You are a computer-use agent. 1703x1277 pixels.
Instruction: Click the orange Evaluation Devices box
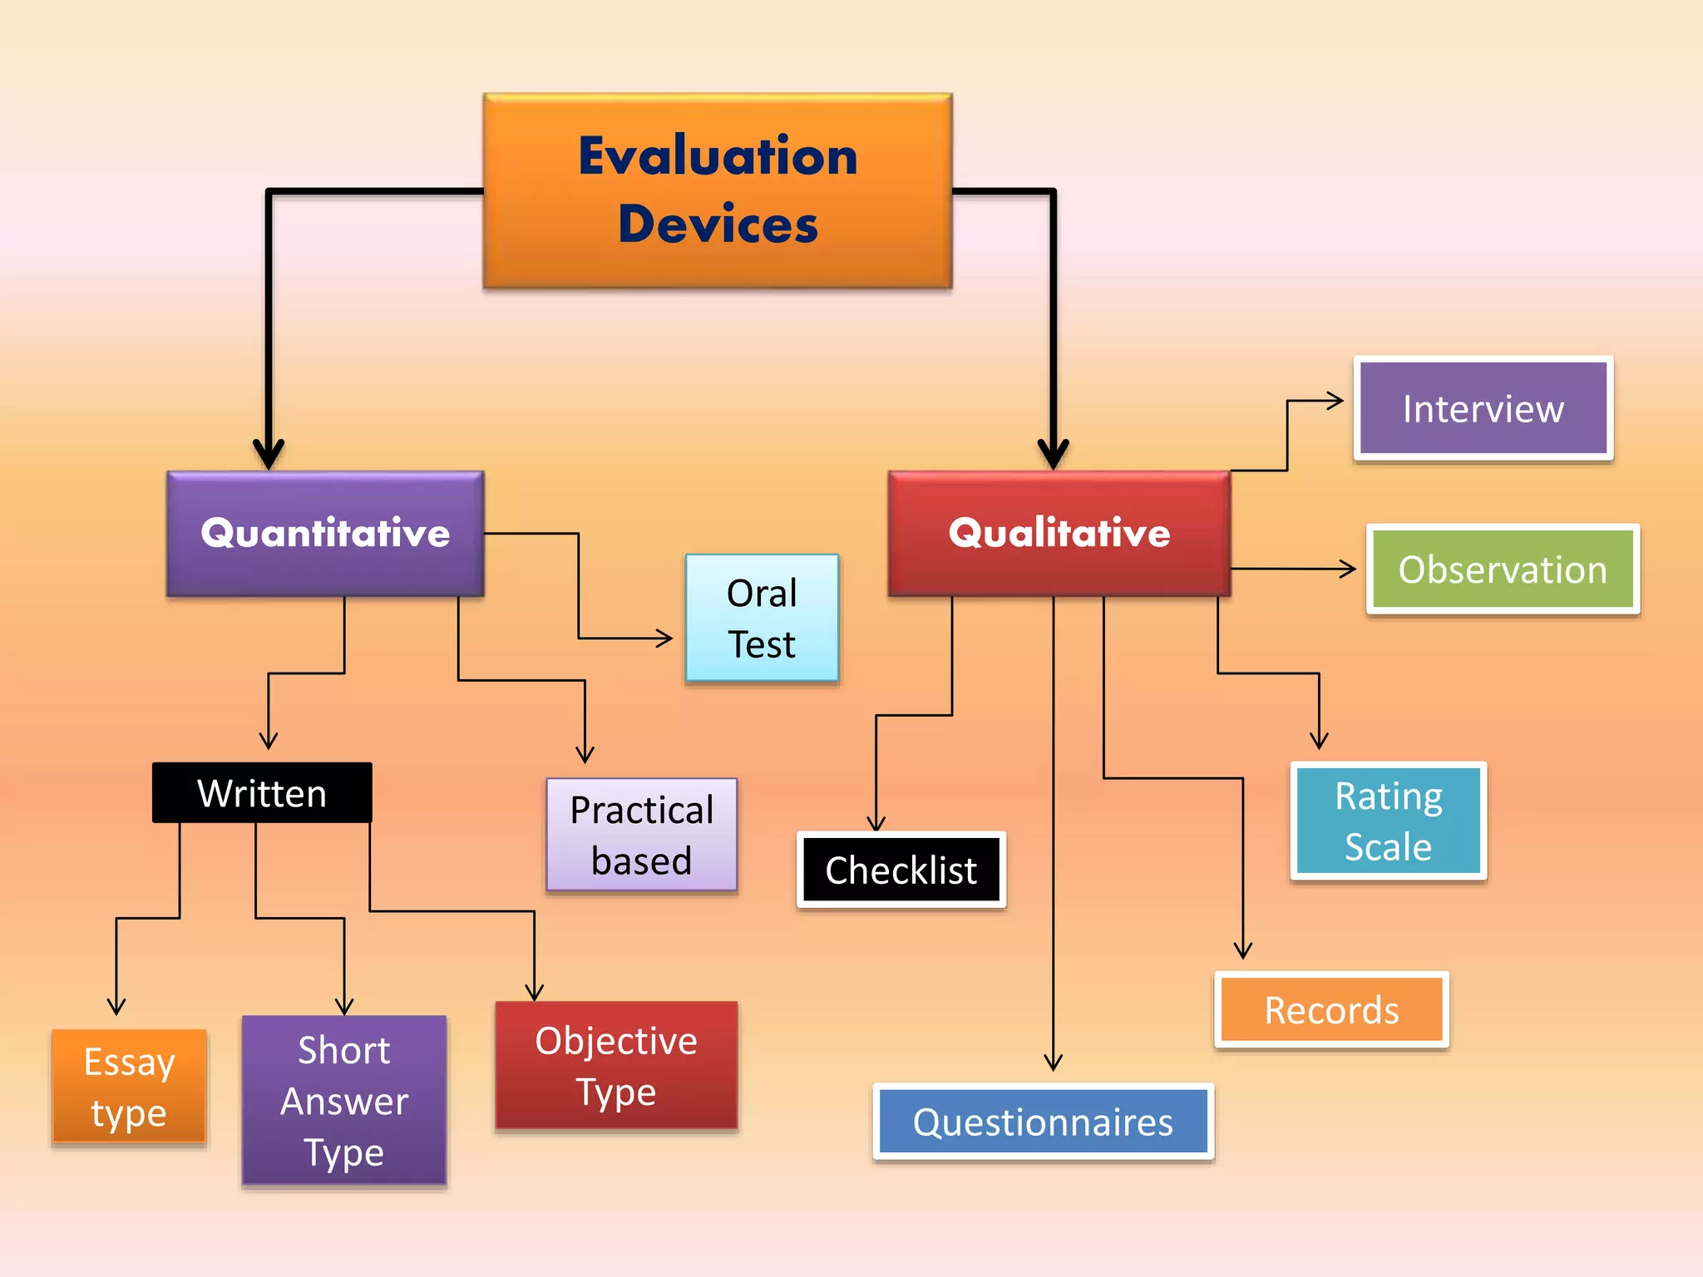[717, 191]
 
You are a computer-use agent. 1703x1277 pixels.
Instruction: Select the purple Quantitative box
[325, 533]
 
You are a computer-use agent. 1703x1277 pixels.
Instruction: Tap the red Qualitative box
[1059, 533]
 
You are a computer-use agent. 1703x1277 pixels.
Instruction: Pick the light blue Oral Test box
[762, 618]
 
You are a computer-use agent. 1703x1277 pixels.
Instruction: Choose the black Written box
[262, 793]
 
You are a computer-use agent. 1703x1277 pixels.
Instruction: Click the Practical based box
[641, 835]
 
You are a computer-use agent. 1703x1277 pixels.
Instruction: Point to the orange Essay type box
[129, 1087]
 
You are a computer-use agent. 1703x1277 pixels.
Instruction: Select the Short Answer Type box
[344, 1101]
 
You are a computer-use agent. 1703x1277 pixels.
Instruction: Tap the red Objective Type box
[616, 1065]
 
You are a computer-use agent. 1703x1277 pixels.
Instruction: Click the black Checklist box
[901, 870]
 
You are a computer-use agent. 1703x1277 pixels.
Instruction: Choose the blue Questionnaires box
[1043, 1122]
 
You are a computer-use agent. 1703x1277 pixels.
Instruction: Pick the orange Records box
[1331, 1010]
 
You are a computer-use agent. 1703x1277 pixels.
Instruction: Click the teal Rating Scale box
[1388, 821]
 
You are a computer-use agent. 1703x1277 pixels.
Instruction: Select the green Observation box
[1503, 569]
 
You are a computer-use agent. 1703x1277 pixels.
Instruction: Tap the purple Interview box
[1483, 408]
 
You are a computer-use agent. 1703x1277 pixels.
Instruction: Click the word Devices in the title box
[718, 224]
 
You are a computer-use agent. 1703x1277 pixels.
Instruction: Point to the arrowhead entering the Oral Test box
[664, 638]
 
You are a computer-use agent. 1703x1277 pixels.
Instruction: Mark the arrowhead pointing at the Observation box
[1348, 569]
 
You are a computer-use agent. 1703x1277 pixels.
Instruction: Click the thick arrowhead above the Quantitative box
[269, 454]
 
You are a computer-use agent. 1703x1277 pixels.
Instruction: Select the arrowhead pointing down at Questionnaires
[1053, 1062]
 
